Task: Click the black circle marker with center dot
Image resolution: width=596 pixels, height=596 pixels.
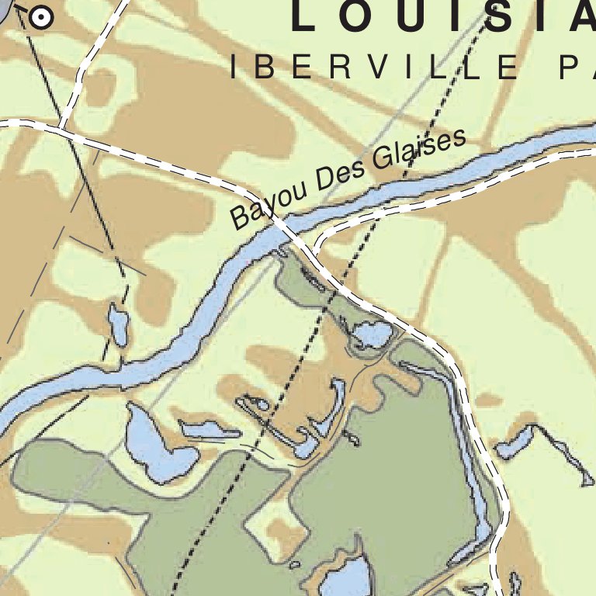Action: click(40, 16)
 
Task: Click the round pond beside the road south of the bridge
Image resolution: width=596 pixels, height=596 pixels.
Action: click(371, 335)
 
